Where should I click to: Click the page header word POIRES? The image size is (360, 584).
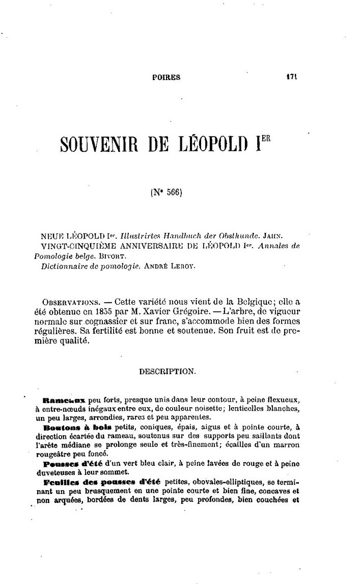[167, 78]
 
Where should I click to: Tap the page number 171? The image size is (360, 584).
[291, 77]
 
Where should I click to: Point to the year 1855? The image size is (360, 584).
[103, 310]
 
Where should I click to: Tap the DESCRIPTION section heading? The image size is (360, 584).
[167, 371]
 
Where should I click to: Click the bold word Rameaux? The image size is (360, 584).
[64, 401]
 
